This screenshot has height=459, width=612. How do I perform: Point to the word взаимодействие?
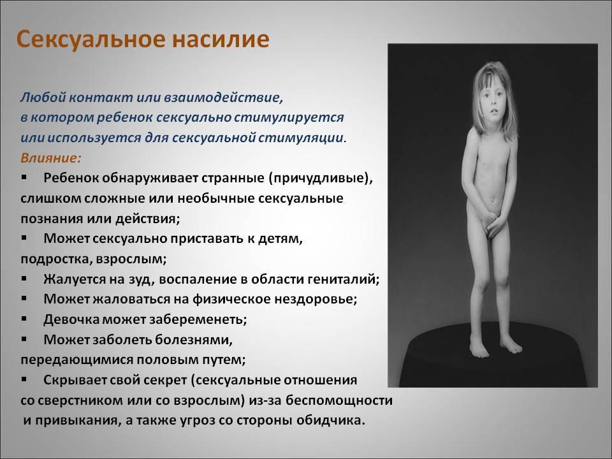pyautogui.click(x=223, y=97)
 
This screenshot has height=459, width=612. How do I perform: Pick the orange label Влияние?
pyautogui.click(x=51, y=158)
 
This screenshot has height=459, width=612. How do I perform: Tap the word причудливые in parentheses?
pyautogui.click(x=319, y=178)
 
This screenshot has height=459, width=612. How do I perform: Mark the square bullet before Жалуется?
pyautogui.click(x=24, y=279)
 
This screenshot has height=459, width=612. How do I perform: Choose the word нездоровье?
pyautogui.click(x=316, y=300)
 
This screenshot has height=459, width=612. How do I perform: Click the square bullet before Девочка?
pyautogui.click(x=24, y=319)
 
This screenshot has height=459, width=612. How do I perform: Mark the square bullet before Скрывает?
pyautogui.click(x=24, y=379)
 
